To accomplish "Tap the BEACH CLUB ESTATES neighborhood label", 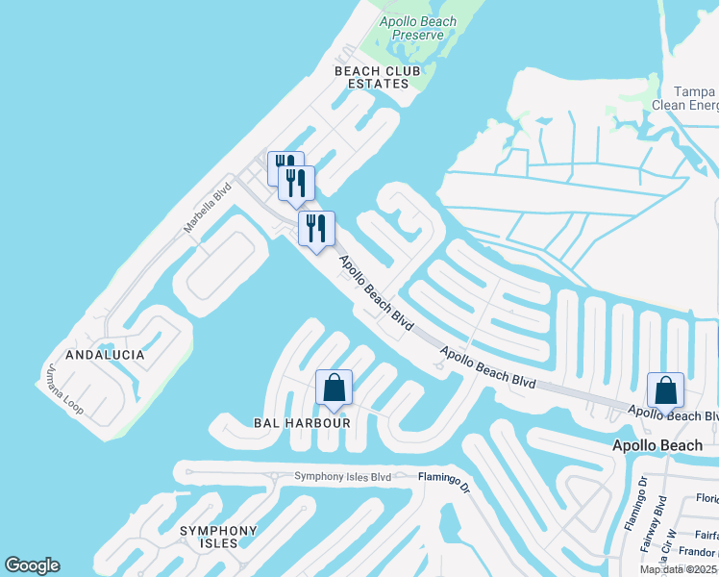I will pos(372,77).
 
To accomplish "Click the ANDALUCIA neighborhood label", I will pos(106,355).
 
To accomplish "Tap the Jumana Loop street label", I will pos(64,389).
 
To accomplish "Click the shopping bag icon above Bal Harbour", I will pos(335,388).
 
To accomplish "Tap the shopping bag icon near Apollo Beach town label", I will pos(665,390).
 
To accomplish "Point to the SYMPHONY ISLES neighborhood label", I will pos(218,539).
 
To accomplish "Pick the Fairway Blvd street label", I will pos(660,522).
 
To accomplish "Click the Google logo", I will pos(32,565).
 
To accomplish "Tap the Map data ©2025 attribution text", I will pos(679,569).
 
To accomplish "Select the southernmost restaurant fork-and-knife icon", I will pos(315,229).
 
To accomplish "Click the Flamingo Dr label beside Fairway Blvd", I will pos(643,503).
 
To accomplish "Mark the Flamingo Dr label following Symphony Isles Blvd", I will pos(444,479).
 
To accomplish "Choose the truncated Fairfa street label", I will pos(706,536).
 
